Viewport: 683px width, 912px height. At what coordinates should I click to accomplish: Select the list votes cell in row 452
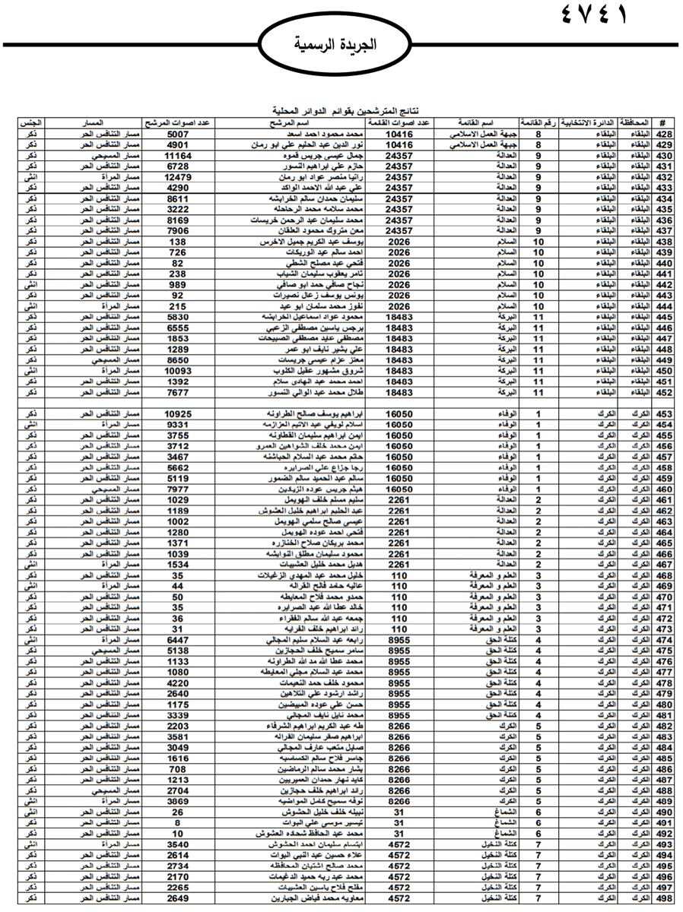pos(399,393)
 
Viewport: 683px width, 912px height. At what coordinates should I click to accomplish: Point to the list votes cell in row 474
pos(399,641)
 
